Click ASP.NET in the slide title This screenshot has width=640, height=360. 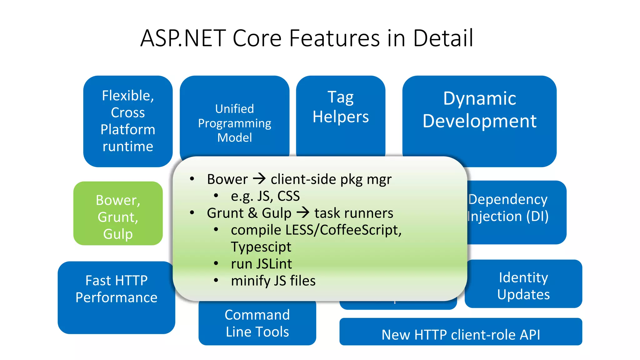tap(183, 38)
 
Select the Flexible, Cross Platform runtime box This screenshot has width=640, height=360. tap(128, 121)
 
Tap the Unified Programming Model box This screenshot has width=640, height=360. tap(234, 123)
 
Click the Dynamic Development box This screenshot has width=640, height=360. tap(479, 110)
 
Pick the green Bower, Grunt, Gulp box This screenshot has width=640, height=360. tap(118, 217)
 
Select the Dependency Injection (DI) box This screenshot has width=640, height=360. tap(516, 208)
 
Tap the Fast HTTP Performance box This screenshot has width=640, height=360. tap(116, 289)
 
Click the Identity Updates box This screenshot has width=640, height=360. tap(523, 286)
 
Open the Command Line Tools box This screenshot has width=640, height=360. tap(257, 323)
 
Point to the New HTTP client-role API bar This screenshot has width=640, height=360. tap(461, 334)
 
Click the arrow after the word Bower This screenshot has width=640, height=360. tap(259, 179)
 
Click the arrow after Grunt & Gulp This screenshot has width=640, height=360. tap(303, 213)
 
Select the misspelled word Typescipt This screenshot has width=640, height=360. tap(261, 247)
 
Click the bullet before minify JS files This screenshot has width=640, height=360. tap(216, 280)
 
